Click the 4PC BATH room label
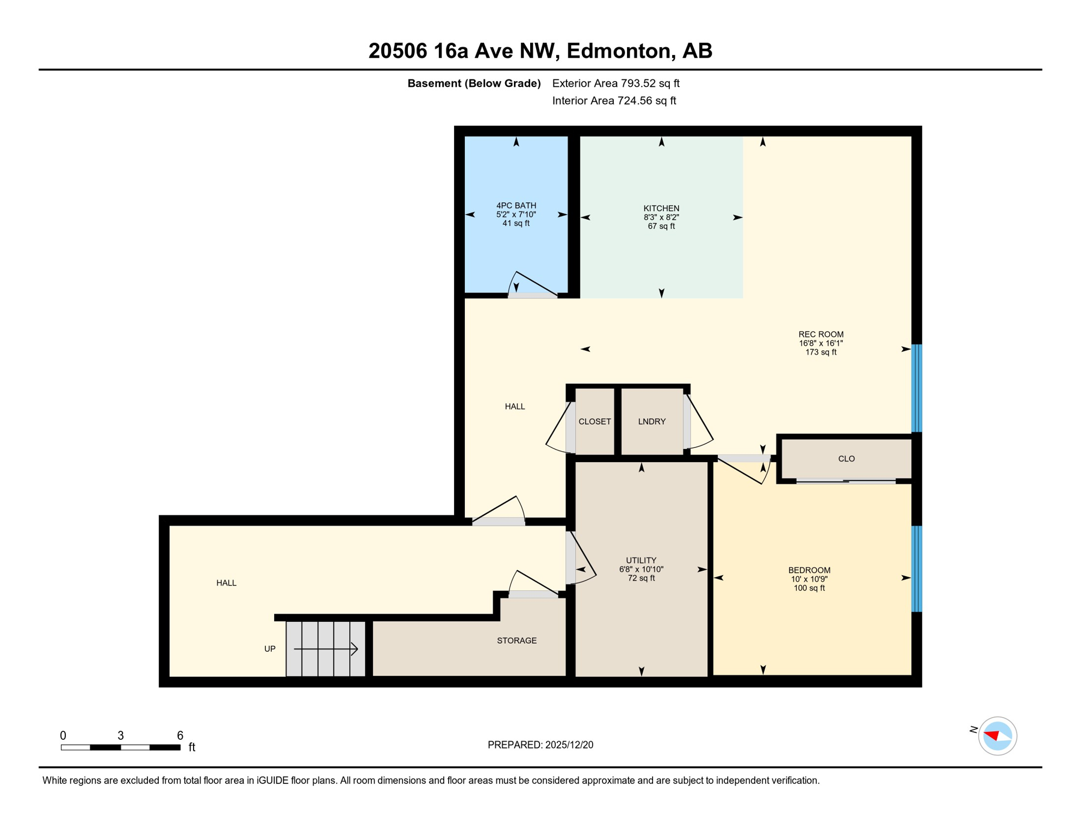pyautogui.click(x=515, y=205)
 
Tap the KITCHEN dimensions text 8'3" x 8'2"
pyautogui.click(x=661, y=217)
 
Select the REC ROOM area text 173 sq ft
pyautogui.click(x=821, y=352)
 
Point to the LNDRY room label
pyautogui.click(x=651, y=421)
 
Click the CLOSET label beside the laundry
pyautogui.click(x=594, y=421)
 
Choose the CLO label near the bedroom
pyautogui.click(x=846, y=459)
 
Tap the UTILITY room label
pyautogui.click(x=641, y=560)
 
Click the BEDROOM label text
pyautogui.click(x=809, y=570)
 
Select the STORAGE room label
pyautogui.click(x=517, y=640)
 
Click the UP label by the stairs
pyautogui.click(x=270, y=649)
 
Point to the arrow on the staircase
pyautogui.click(x=326, y=649)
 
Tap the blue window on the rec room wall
pyautogui.click(x=916, y=388)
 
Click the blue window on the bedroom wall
pyautogui.click(x=916, y=569)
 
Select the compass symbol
pyautogui.click(x=997, y=736)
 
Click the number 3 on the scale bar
pyautogui.click(x=121, y=736)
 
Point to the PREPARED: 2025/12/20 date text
pyautogui.click(x=540, y=745)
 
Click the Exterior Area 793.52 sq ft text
pyautogui.click(x=616, y=83)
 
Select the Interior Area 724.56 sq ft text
pyautogui.click(x=614, y=101)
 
